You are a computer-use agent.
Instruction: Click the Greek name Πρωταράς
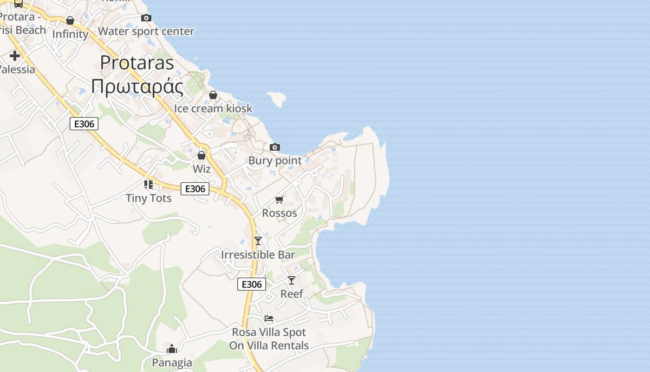(x=137, y=86)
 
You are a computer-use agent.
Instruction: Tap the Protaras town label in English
(x=137, y=63)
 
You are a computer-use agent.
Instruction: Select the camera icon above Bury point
(x=275, y=147)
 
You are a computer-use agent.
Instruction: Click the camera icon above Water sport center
(x=146, y=18)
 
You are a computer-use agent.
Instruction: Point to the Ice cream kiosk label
(x=213, y=108)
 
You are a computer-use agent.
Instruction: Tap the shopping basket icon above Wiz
(x=201, y=155)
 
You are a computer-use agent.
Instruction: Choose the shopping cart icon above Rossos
(x=279, y=199)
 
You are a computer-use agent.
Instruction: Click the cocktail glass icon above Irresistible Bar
(x=258, y=241)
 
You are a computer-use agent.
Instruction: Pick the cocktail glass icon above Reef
(x=292, y=280)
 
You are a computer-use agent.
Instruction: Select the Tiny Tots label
(x=149, y=198)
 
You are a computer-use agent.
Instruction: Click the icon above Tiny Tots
(x=149, y=185)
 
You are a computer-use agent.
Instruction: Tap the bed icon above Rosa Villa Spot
(x=269, y=319)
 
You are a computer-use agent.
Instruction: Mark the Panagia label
(x=172, y=362)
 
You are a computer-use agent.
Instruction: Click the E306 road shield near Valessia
(x=84, y=124)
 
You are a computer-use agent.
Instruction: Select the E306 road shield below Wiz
(x=195, y=189)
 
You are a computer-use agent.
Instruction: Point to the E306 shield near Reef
(x=252, y=284)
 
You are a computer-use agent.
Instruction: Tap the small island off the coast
(x=277, y=98)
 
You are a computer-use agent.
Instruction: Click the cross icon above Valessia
(x=15, y=56)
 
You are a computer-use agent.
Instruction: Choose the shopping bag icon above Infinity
(x=70, y=20)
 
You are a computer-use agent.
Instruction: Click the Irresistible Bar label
(x=258, y=255)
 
